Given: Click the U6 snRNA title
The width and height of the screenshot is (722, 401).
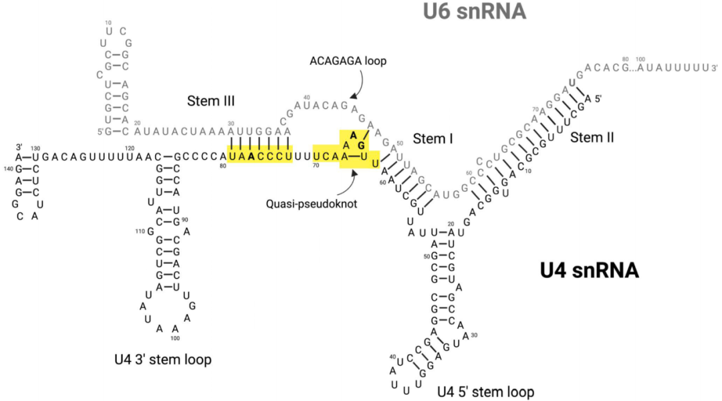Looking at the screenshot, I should pyautogui.click(x=475, y=11).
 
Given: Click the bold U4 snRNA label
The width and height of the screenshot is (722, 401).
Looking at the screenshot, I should pyautogui.click(x=590, y=271).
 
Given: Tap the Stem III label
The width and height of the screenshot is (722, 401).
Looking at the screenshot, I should pyautogui.click(x=211, y=101).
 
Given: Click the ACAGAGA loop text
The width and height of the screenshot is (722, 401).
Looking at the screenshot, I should pyautogui.click(x=348, y=60).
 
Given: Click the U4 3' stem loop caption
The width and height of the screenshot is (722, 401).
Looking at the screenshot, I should pyautogui.click(x=162, y=360).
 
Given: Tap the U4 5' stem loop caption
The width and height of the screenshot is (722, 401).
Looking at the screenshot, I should pyautogui.click(x=486, y=391).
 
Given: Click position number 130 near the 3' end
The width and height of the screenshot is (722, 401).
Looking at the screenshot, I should pyautogui.click(x=35, y=148).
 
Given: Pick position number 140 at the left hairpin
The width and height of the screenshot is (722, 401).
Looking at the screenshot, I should pyautogui.click(x=9, y=168).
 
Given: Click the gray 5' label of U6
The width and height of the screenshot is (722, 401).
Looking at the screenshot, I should pyautogui.click(x=101, y=131).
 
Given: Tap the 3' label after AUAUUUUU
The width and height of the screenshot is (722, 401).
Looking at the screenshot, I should pyautogui.click(x=714, y=68).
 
